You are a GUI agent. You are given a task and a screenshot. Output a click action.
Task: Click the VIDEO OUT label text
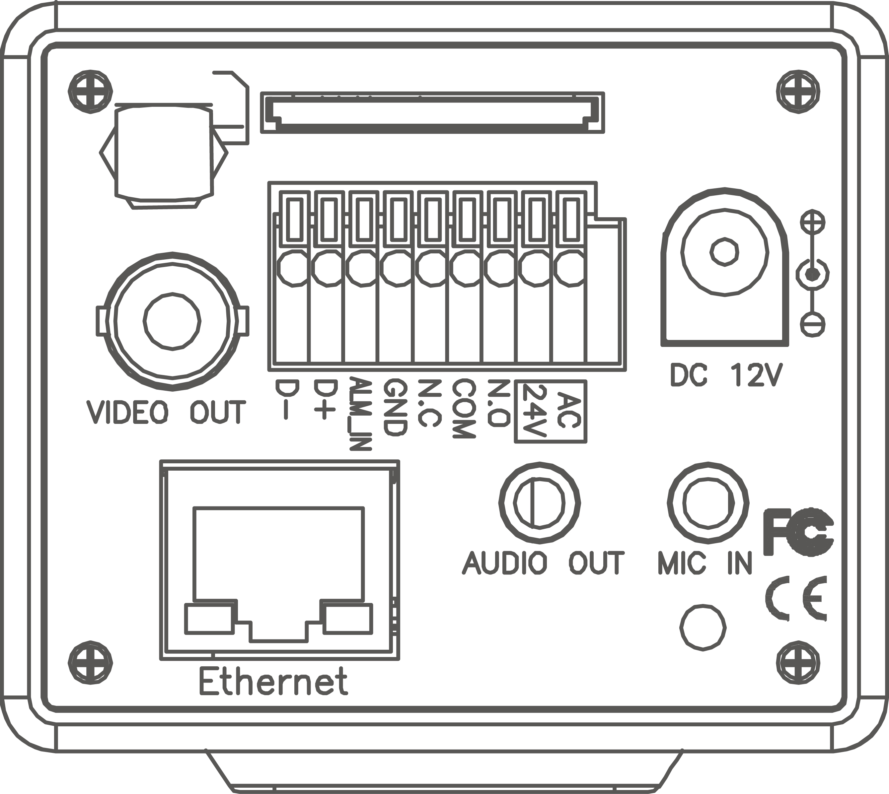[166, 412]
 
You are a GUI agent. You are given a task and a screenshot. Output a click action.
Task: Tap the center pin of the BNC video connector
[172, 321]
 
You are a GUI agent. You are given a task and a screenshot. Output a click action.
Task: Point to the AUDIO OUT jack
[540, 503]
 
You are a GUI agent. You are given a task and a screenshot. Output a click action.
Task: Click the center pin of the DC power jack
[724, 252]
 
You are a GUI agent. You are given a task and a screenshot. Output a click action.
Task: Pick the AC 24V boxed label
[551, 411]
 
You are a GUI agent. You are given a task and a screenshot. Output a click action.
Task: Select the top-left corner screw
[90, 92]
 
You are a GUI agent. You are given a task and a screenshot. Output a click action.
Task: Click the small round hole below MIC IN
[703, 628]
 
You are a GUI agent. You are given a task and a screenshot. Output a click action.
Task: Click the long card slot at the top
[432, 112]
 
